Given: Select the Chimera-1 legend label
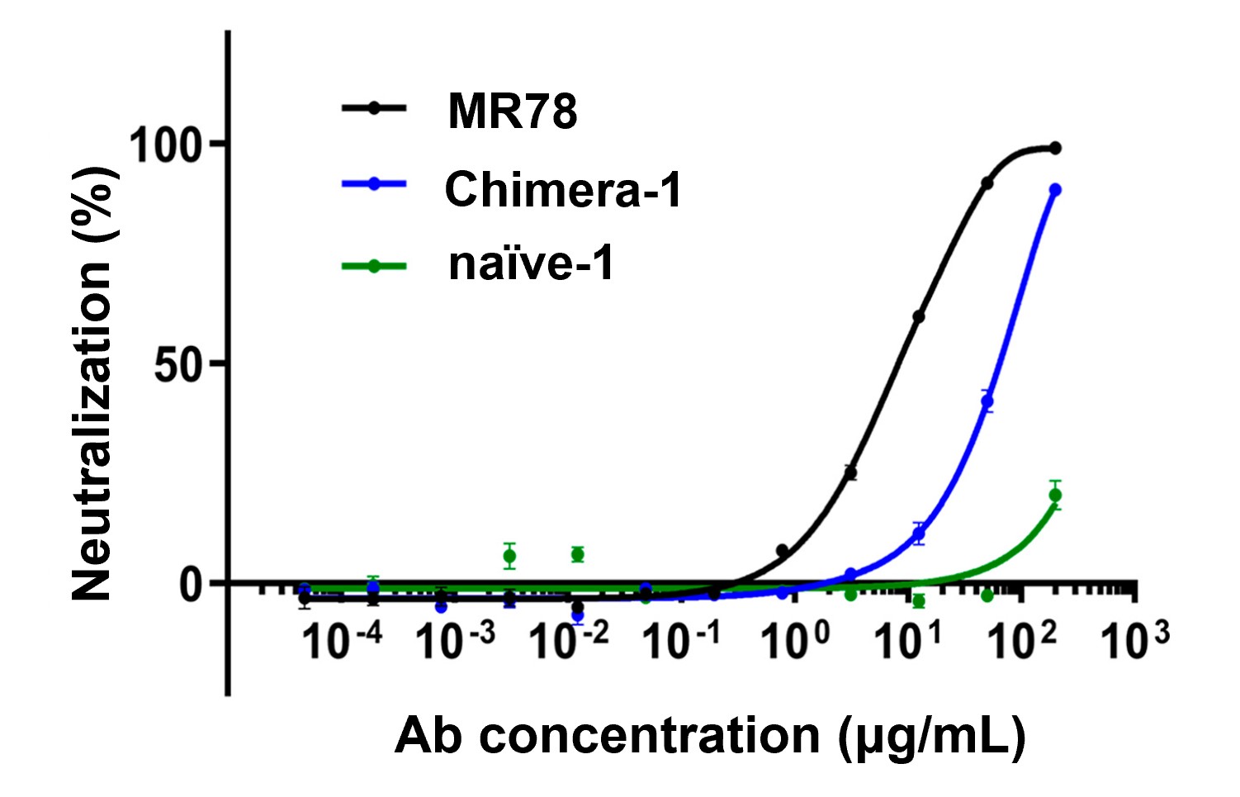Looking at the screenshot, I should (563, 189).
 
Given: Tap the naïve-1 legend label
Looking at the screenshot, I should (531, 264).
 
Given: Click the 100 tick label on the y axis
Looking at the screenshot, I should (166, 146).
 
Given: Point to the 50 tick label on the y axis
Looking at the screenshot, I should (178, 365).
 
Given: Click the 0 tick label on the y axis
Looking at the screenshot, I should (192, 585).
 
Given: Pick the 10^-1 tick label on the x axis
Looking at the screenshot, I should (680, 641).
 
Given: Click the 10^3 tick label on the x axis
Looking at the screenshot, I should (1134, 641).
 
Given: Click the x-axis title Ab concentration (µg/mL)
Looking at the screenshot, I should (710, 735).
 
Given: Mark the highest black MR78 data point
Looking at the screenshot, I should (1055, 148).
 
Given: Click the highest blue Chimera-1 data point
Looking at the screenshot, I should (1055, 190).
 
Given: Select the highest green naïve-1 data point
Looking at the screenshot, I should (1055, 496).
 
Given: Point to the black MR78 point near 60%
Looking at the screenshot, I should (919, 316).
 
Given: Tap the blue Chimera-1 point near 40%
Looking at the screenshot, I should (987, 401).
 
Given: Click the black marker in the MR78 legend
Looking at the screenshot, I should (374, 107).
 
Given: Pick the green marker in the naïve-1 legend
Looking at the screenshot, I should (374, 265).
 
